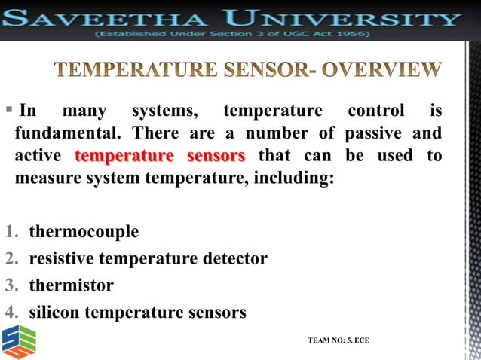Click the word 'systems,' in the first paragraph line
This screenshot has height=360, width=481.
pyautogui.click(x=166, y=112)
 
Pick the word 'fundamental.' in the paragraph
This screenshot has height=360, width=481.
pyautogui.click(x=68, y=134)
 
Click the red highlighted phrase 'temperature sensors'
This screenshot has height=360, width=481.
pyautogui.click(x=161, y=157)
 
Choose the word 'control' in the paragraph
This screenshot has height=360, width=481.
pyautogui.click(x=375, y=112)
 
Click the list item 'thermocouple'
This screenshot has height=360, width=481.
pyautogui.click(x=84, y=231)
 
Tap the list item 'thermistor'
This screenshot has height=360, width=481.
pyautogui.click(x=72, y=285)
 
